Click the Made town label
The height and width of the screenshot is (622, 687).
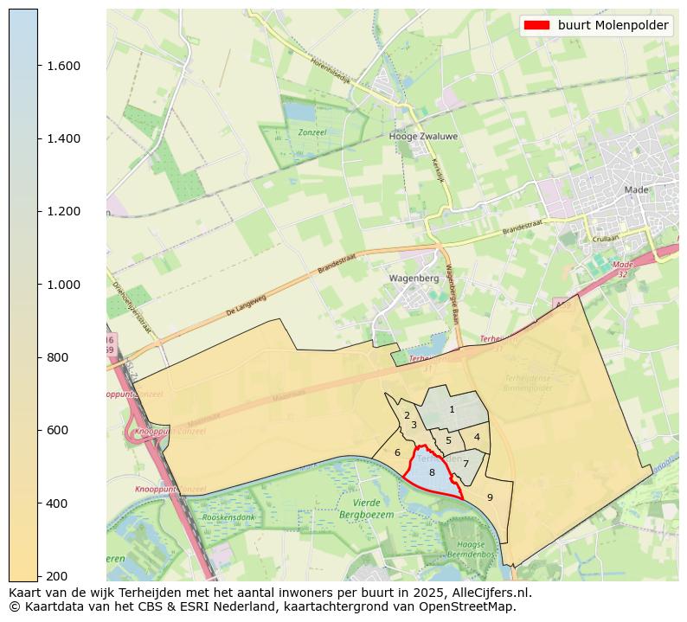coord(636,189)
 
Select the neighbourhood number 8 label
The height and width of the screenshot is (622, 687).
coord(432,472)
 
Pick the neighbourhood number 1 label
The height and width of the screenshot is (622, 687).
coord(452,409)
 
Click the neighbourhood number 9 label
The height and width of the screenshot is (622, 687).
coord(490,497)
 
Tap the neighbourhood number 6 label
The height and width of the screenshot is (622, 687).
coord(397,452)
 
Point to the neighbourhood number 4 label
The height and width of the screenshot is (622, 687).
coord(477,437)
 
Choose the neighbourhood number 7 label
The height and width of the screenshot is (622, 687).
coord(465,464)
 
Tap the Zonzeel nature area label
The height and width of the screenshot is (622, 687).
coord(311,132)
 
